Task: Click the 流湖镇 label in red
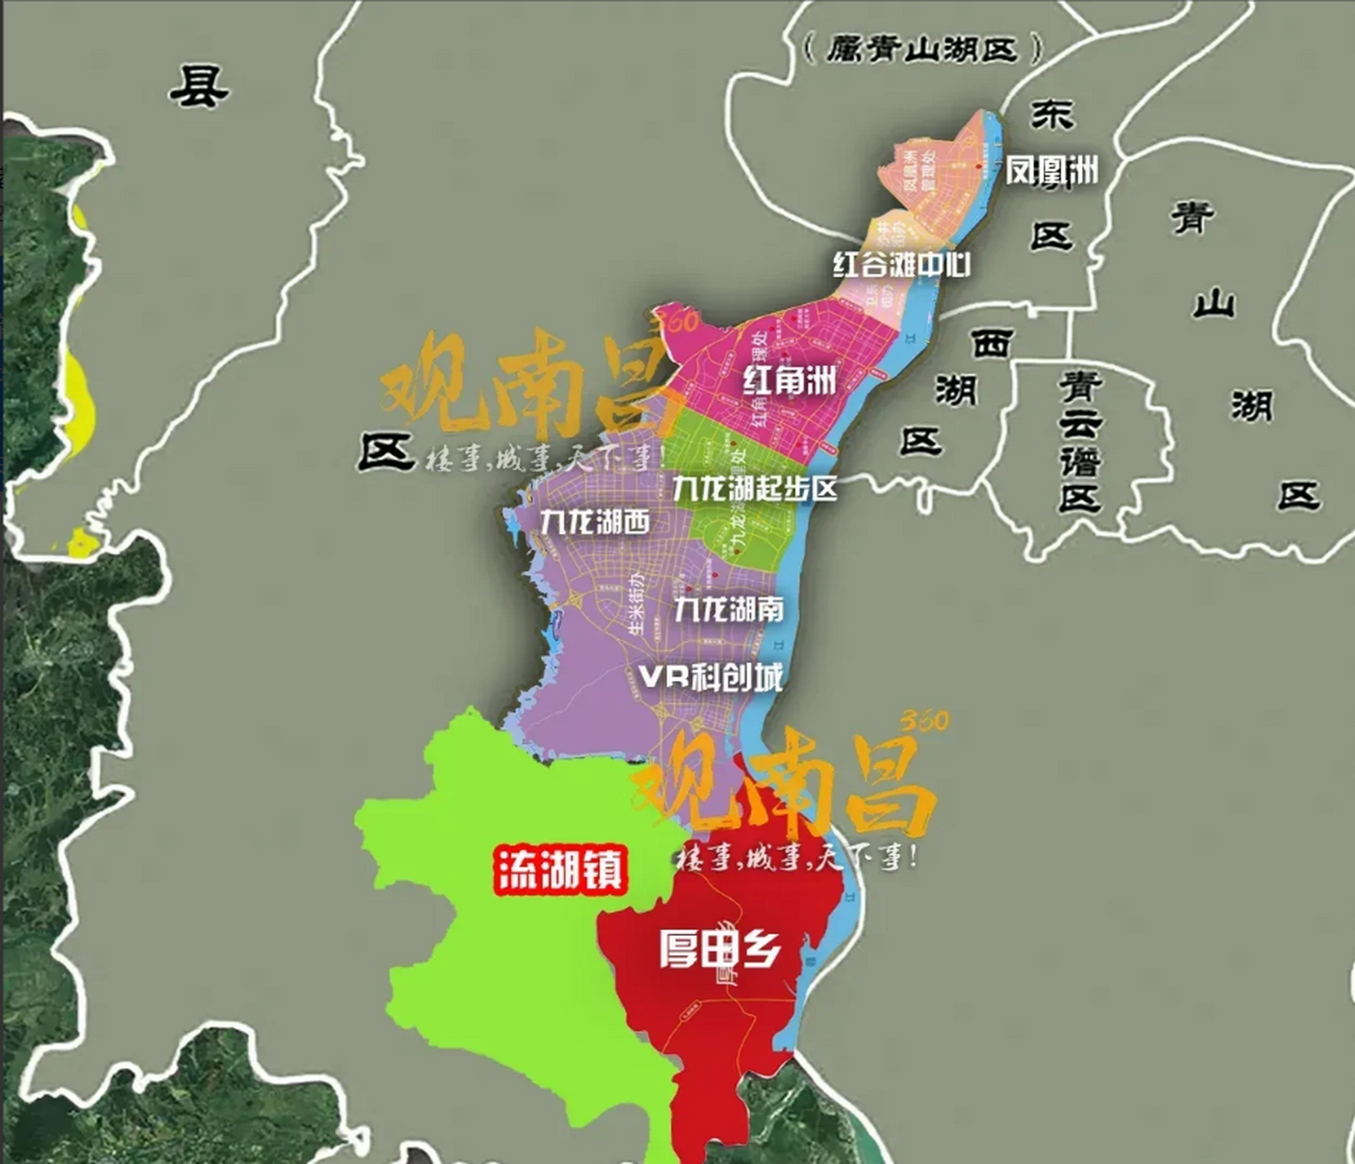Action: coord(560,870)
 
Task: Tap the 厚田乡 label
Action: coord(719,949)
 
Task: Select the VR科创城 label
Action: coord(710,677)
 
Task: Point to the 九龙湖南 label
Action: coord(728,608)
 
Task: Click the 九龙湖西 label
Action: coord(595,522)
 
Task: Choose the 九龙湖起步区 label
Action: coord(755,488)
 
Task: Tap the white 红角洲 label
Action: coord(789,379)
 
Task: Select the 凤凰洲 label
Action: coord(1051,170)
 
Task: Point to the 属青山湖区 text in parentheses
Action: coord(922,48)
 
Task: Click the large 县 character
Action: coord(199,86)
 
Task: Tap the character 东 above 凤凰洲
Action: coord(1052,115)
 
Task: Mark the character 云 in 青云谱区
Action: coord(1080,423)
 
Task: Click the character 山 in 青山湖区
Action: coord(1214,304)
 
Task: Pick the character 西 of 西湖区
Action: coord(991,344)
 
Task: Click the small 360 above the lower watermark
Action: coord(924,721)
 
